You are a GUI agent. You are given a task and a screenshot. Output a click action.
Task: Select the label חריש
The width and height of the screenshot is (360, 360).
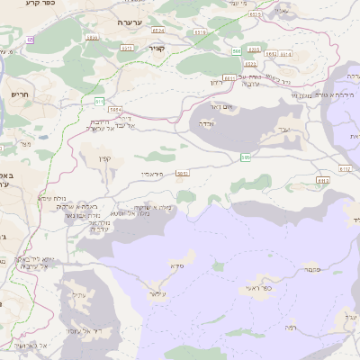tap(20, 93)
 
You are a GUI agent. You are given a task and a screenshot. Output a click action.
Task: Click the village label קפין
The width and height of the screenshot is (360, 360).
tap(106, 159)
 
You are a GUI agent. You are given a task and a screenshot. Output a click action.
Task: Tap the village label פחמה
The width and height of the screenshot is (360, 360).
tap(312, 269)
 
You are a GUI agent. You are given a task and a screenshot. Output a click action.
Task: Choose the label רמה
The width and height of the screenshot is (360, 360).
tap(290, 328)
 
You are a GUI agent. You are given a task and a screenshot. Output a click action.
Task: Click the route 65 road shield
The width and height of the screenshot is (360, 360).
tap(30, 40)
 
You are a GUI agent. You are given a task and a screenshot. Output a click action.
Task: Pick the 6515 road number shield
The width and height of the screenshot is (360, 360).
tap(127, 48)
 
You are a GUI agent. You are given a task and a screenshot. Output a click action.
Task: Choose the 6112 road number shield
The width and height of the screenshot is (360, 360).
tap(345, 168)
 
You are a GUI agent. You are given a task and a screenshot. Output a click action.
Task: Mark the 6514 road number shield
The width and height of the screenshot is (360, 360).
tap(91, 37)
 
